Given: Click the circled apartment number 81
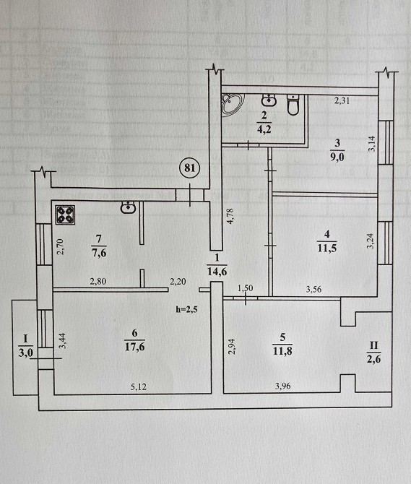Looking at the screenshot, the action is tap(190, 168).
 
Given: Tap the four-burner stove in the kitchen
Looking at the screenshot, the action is tap(65, 215).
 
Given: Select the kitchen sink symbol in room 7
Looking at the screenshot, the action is tap(128, 207).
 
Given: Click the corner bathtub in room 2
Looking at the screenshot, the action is tap(231, 103).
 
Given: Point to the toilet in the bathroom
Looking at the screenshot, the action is tap(293, 104).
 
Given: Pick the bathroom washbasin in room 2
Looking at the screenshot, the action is tap(269, 100).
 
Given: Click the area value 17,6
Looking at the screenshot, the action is tap(135, 347).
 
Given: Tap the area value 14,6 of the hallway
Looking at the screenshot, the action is tap(217, 272).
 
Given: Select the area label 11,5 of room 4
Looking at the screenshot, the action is tap(326, 248).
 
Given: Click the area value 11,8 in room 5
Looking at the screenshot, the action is tap(282, 351).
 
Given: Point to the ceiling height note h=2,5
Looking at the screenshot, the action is tap(186, 310).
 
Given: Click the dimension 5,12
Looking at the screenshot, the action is tap(138, 386).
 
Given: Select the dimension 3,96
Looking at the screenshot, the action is tap(282, 386).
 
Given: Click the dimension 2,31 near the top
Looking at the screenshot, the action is tap(342, 100).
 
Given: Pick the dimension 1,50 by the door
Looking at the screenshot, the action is tap(246, 288).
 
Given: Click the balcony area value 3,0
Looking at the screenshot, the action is tap(25, 353).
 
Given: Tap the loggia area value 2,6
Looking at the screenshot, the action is tap(373, 359).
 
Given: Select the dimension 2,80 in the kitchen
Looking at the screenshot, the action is tap(98, 281).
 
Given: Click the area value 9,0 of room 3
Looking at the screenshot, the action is tap(337, 157).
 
